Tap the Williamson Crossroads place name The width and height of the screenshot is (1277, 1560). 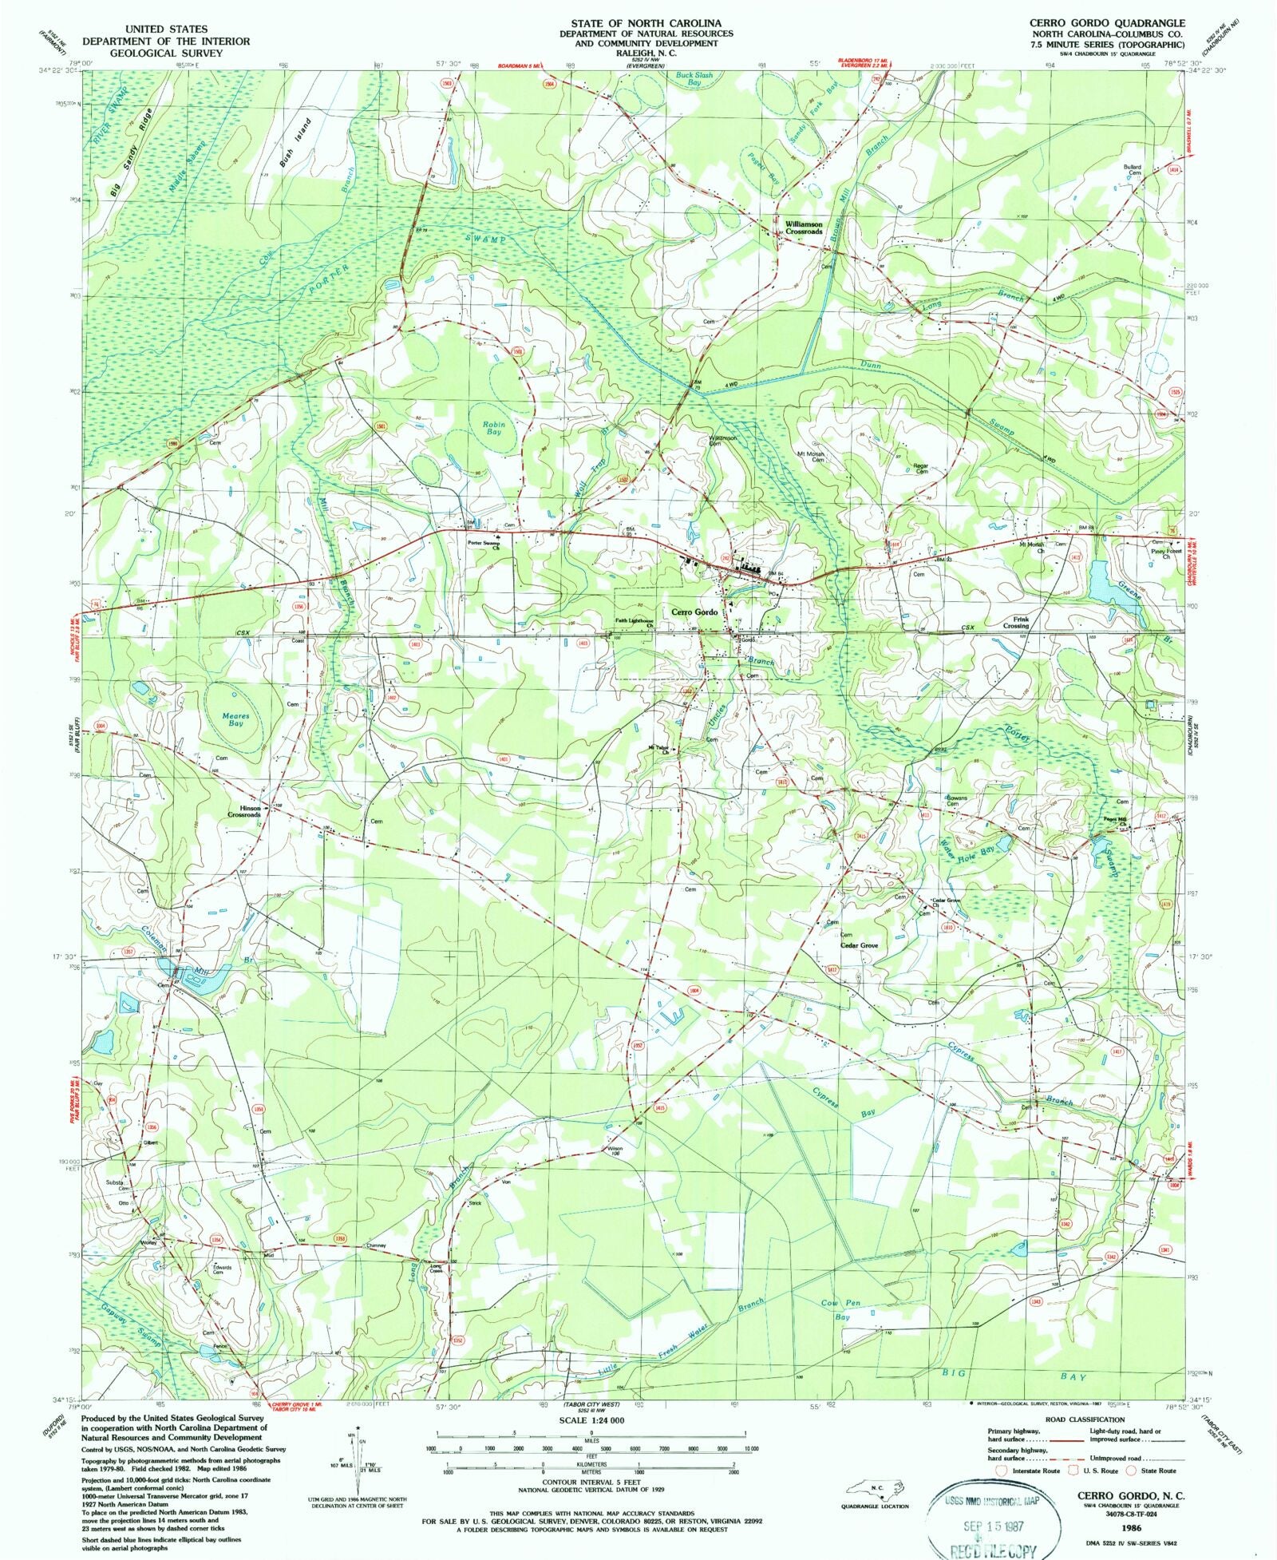point(803,228)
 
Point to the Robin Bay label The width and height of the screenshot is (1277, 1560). point(494,428)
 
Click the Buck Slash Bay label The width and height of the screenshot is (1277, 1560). point(694,79)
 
